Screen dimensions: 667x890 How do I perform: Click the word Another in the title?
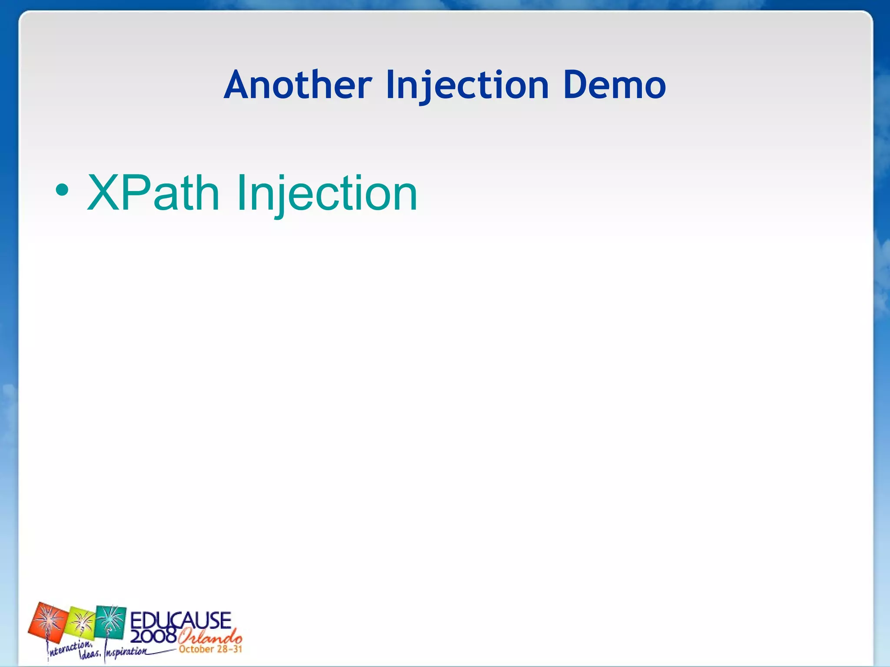[x=298, y=85]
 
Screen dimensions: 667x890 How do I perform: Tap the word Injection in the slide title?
[x=468, y=85]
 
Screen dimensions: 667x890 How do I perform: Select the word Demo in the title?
[x=614, y=85]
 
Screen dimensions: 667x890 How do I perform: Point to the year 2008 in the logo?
[x=153, y=636]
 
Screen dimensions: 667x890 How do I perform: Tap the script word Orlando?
[x=209, y=637]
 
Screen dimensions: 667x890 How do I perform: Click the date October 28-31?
[x=210, y=649]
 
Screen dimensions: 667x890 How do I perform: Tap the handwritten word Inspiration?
[x=126, y=652]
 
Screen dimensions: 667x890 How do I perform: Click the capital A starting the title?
[x=238, y=85]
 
